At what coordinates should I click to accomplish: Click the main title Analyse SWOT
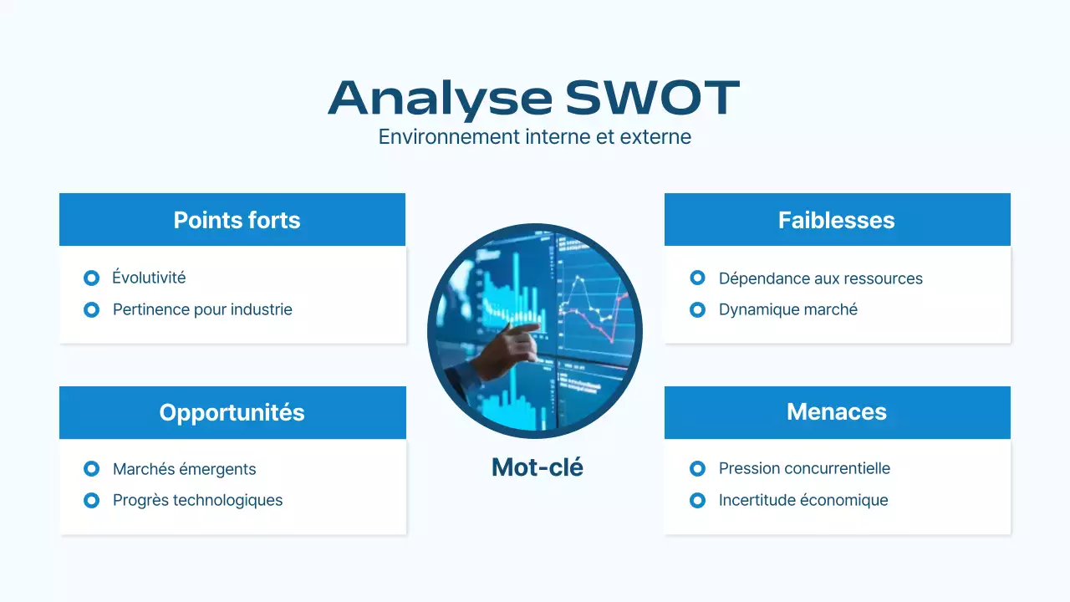[x=534, y=98]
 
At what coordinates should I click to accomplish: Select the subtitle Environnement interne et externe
[x=534, y=136]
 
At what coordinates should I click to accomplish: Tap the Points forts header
[x=237, y=220]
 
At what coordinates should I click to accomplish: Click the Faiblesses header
[x=836, y=220]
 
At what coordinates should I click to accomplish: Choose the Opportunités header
[x=232, y=412]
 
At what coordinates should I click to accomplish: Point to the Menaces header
[x=836, y=411]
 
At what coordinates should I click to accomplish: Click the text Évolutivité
[x=149, y=278]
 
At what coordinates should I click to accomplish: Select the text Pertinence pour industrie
[x=202, y=309]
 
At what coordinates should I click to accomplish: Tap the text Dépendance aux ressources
[x=820, y=278]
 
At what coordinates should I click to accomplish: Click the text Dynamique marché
[x=787, y=309]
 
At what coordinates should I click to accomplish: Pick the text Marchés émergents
[x=184, y=469]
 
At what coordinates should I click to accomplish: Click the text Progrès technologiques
[x=197, y=500]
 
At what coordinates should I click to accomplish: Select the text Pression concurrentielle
[x=804, y=468]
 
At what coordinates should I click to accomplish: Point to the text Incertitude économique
[x=802, y=500]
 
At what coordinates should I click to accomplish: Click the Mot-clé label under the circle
[x=537, y=467]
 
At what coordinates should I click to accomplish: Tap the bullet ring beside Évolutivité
[x=92, y=278]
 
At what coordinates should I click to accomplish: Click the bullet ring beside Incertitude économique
[x=697, y=500]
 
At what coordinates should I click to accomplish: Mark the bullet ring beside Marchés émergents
[x=92, y=469]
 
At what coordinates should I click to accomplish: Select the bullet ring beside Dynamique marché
[x=697, y=309]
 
